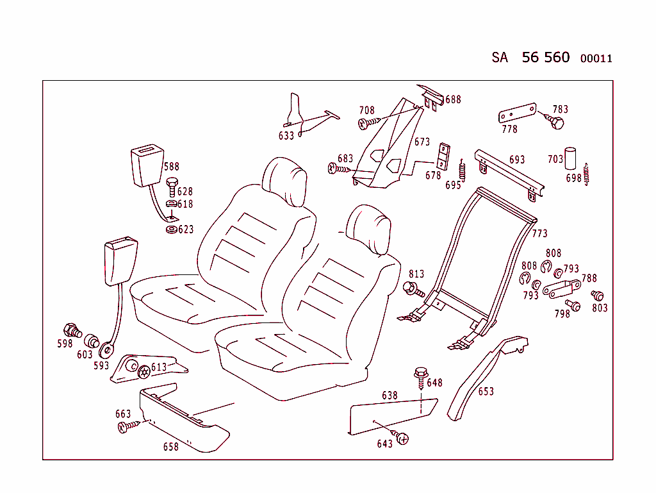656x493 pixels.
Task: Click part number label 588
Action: pyautogui.click(x=171, y=167)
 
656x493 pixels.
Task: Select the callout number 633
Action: pyautogui.click(x=286, y=136)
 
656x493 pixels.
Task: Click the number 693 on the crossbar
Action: pyautogui.click(x=517, y=160)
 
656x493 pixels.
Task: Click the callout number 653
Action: pyautogui.click(x=486, y=391)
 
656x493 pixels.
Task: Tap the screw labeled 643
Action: pyautogui.click(x=402, y=437)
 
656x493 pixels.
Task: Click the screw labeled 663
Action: pyautogui.click(x=126, y=427)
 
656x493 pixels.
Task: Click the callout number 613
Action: pyautogui.click(x=158, y=367)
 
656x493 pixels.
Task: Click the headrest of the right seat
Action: pyautogui.click(x=368, y=228)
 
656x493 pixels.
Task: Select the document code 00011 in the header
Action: pyautogui.click(x=596, y=59)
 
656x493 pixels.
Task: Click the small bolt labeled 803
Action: pyautogui.click(x=598, y=296)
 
